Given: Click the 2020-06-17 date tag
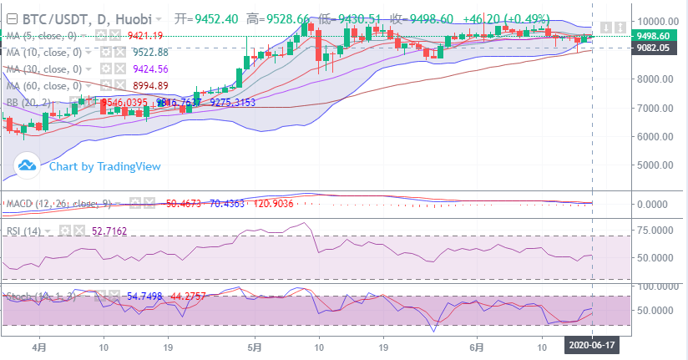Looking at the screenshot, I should [x=592, y=344].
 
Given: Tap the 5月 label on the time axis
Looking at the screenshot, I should [x=255, y=344].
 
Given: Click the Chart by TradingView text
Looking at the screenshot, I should [x=104, y=166].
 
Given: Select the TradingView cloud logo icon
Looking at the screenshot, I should [x=28, y=165].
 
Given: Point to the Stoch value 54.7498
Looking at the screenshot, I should [x=144, y=296].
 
